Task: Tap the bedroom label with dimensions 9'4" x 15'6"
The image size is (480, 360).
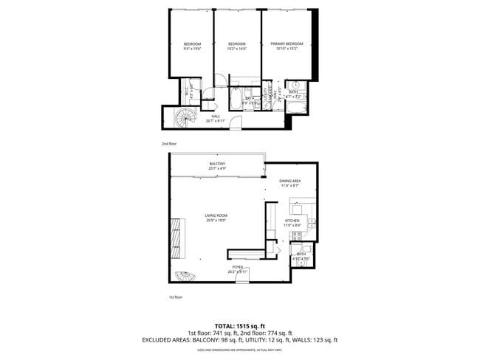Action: pos(193,46)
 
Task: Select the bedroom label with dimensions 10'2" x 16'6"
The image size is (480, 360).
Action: pos(237,46)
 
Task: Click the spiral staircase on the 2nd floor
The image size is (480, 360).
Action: pos(185,117)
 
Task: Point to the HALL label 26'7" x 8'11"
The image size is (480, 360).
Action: pos(216,118)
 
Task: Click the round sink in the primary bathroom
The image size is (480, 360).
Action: pos(293,85)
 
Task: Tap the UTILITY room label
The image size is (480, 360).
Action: pos(270,93)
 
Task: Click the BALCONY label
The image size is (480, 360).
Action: pos(217,166)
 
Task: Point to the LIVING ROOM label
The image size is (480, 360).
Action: pos(216,218)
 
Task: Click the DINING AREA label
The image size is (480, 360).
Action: pos(289,183)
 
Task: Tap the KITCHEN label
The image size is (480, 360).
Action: pos(292,223)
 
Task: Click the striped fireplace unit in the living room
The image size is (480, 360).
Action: pos(177,238)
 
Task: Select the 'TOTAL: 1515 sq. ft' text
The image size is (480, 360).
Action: pos(240,325)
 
